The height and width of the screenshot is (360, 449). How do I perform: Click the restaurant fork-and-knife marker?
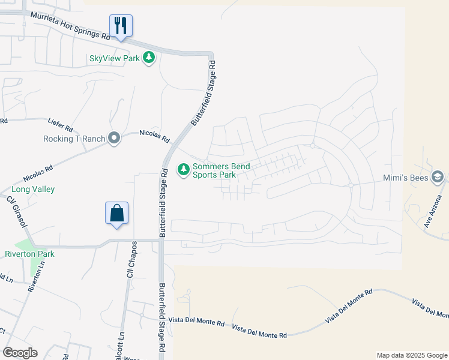click(121, 26)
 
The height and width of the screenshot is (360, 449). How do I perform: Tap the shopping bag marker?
click(116, 214)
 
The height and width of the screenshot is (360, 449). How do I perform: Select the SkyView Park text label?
click(114, 58)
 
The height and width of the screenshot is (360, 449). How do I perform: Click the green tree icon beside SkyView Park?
click(149, 58)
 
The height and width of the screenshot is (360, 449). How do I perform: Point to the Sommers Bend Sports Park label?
click(221, 170)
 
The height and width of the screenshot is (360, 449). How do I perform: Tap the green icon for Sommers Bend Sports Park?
click(183, 170)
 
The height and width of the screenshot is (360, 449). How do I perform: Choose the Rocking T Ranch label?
click(74, 139)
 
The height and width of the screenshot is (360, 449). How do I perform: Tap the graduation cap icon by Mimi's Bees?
click(438, 178)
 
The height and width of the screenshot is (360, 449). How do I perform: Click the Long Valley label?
click(33, 189)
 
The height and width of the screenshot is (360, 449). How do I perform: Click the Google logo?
click(20, 353)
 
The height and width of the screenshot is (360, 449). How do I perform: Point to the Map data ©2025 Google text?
click(411, 355)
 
